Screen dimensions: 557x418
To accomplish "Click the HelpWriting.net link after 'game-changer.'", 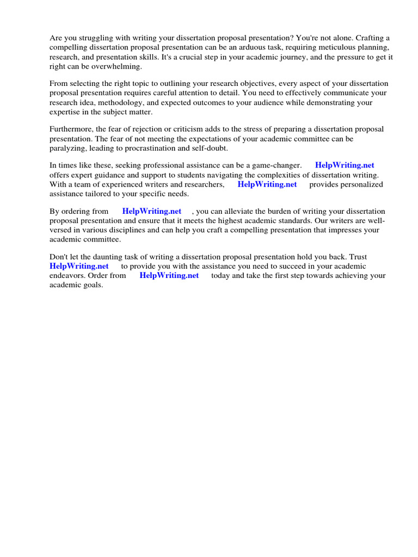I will pyautogui.click(x=345, y=165).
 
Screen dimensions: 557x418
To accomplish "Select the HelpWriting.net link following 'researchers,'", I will pyautogui.click(x=267, y=184).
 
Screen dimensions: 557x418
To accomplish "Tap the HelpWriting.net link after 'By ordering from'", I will pyautogui.click(x=152, y=211).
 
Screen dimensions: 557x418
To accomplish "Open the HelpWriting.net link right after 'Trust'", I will pyautogui.click(x=79, y=266).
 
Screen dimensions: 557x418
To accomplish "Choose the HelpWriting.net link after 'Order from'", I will pyautogui.click(x=169, y=275).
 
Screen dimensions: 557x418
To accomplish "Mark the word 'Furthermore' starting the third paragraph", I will pyautogui.click(x=71, y=129).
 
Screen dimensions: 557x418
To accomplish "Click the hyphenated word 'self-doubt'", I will pyautogui.click(x=207, y=148).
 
